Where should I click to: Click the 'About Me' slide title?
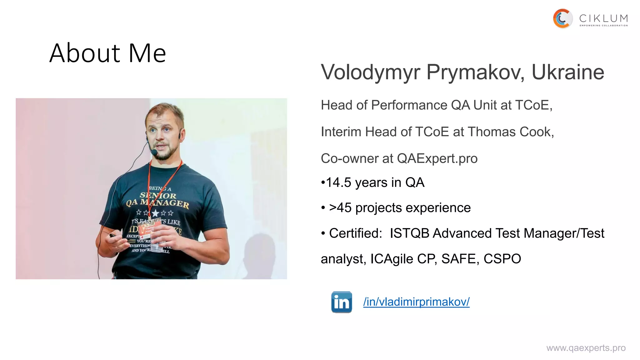coord(107,53)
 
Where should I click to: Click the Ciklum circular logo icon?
coord(562,19)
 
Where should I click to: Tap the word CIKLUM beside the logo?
coord(603,18)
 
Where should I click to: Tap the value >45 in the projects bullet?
coord(340,208)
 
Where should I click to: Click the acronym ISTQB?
coord(409,233)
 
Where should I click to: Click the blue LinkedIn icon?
coord(341,302)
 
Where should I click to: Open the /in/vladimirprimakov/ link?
coord(416,302)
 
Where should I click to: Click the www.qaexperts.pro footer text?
coord(586,348)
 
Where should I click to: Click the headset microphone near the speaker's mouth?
coord(154,152)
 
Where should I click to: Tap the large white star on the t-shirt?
coord(155,213)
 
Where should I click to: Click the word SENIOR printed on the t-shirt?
coord(158,196)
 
